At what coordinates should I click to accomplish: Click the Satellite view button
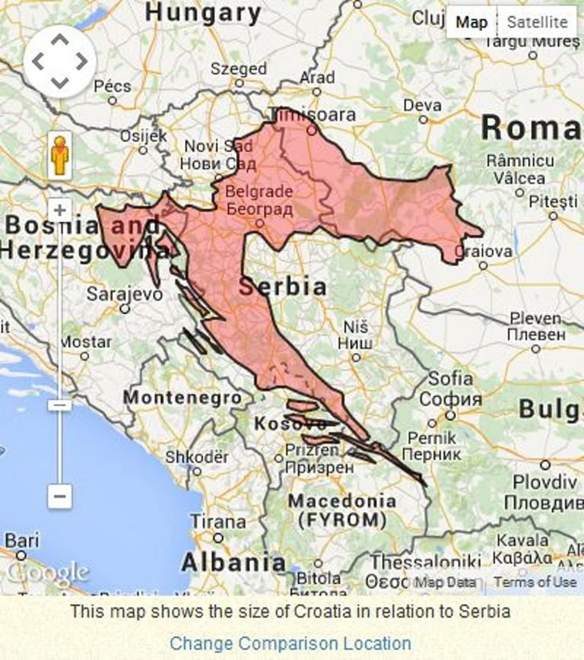537,22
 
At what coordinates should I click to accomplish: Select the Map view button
472,22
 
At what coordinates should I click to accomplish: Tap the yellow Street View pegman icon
60,155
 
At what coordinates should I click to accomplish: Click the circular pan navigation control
60,62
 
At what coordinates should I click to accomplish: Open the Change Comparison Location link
290,643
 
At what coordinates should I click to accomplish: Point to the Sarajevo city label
124,293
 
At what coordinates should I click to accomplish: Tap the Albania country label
234,562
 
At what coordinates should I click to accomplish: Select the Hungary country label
203,12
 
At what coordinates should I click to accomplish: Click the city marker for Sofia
450,415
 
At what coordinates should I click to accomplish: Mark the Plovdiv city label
545,482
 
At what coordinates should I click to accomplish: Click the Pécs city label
112,86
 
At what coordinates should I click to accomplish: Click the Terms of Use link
535,582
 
